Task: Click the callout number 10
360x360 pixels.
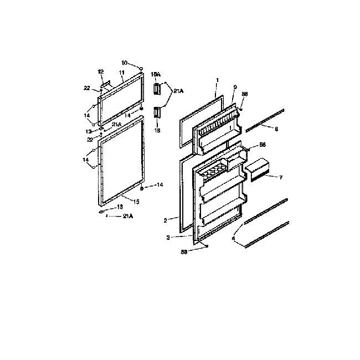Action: click(124, 63)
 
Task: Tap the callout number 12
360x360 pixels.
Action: click(101, 72)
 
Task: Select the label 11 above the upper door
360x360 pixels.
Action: click(121, 73)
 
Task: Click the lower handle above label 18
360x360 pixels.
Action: click(157, 112)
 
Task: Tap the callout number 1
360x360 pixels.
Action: click(218, 80)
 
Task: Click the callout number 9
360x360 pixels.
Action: click(235, 88)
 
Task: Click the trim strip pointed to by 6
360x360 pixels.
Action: click(266, 120)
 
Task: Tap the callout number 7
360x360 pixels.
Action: click(281, 178)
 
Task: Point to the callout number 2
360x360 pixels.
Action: click(166, 220)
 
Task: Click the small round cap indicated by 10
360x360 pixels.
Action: click(142, 69)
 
